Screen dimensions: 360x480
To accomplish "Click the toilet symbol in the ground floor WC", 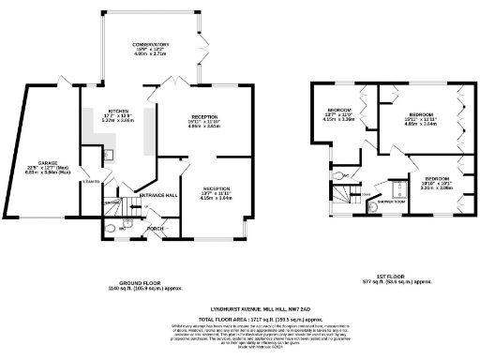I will pyautogui.click(x=112, y=227).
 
